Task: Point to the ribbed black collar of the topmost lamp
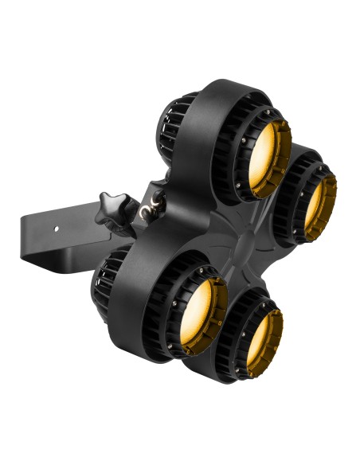(239, 151)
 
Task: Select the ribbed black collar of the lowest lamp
(236, 338)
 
